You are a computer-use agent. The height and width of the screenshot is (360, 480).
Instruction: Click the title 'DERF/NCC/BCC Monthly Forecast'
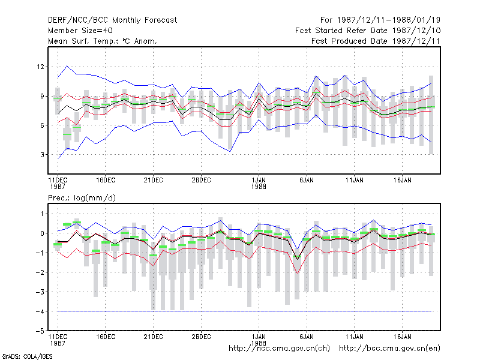pyautogui.click(x=112, y=20)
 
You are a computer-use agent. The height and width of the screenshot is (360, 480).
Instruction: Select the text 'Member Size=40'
pyautogui.click(x=80, y=31)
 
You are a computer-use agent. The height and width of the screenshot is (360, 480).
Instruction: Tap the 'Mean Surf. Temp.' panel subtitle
pyautogui.click(x=103, y=41)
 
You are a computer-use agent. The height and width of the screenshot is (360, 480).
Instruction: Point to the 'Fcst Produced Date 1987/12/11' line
pyautogui.click(x=376, y=41)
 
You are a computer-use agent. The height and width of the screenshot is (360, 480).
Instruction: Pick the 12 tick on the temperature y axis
pyautogui.click(x=40, y=67)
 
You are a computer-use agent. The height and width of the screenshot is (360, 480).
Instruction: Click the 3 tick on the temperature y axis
pyautogui.click(x=42, y=155)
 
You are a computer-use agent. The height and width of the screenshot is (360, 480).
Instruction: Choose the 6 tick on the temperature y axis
pyautogui.click(x=42, y=125)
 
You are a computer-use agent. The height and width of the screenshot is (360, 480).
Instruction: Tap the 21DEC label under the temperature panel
pyautogui.click(x=154, y=181)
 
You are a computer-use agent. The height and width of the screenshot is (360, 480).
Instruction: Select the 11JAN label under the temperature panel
pyautogui.click(x=355, y=181)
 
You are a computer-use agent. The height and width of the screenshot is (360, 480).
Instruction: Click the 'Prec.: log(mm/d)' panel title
pyautogui.click(x=82, y=198)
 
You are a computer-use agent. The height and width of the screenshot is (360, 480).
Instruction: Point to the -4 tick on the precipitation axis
pyautogui.click(x=40, y=311)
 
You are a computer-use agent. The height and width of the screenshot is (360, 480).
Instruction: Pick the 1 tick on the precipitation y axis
pyautogui.click(x=42, y=214)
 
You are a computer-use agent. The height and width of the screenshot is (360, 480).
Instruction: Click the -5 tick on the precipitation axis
pyautogui.click(x=40, y=331)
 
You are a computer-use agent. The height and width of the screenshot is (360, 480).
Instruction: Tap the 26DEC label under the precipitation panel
pyautogui.click(x=202, y=337)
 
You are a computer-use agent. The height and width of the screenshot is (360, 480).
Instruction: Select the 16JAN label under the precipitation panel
pyautogui.click(x=403, y=337)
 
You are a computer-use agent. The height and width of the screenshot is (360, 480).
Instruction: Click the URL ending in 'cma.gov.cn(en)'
pyautogui.click(x=389, y=349)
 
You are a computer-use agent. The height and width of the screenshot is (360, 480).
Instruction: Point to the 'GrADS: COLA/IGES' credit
pyautogui.click(x=27, y=356)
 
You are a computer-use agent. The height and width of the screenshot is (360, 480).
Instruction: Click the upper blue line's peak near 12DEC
pyautogui.click(x=67, y=66)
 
